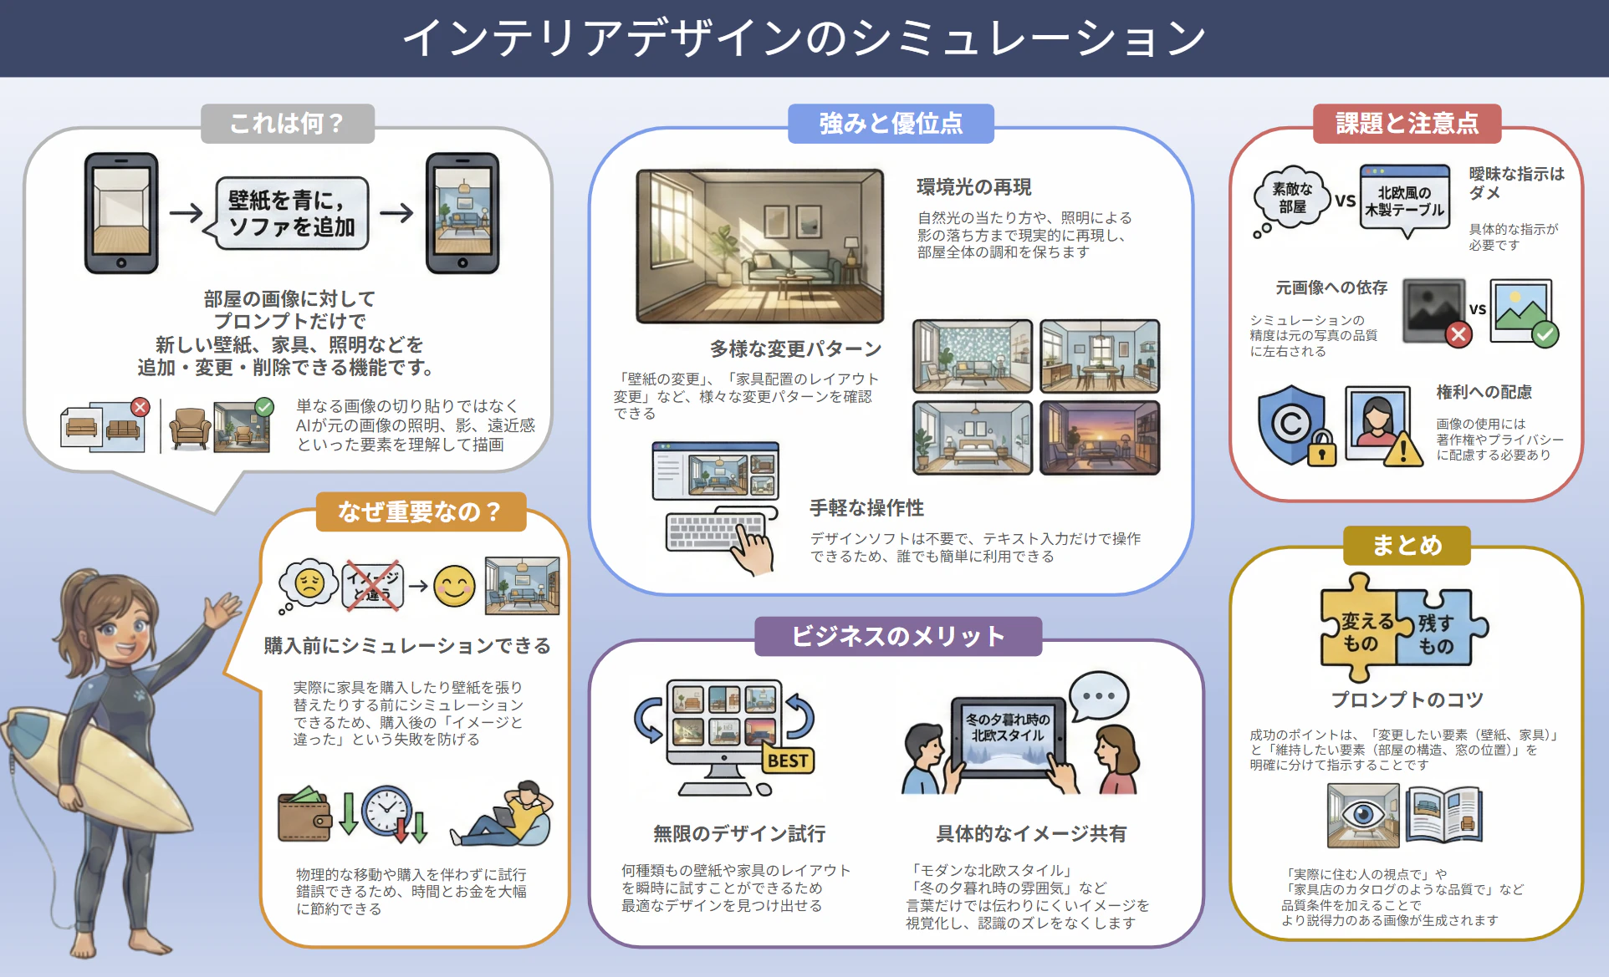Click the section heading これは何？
pyautogui.click(x=287, y=124)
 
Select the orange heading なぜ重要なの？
pyautogui.click(x=421, y=511)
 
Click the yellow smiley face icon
pyautogui.click(x=454, y=586)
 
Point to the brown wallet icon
pyautogui.click(x=305, y=814)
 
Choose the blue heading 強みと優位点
pyautogui.click(x=891, y=124)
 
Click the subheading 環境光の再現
pyautogui.click(x=973, y=187)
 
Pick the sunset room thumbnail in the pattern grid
pyautogui.click(x=1100, y=438)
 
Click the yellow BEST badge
pyautogui.click(x=788, y=760)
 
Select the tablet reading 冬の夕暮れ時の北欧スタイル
pyautogui.click(x=1007, y=734)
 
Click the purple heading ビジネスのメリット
pyautogui.click(x=898, y=636)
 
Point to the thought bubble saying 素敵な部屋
pyautogui.click(x=1290, y=199)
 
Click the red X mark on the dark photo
pyautogui.click(x=1458, y=334)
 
